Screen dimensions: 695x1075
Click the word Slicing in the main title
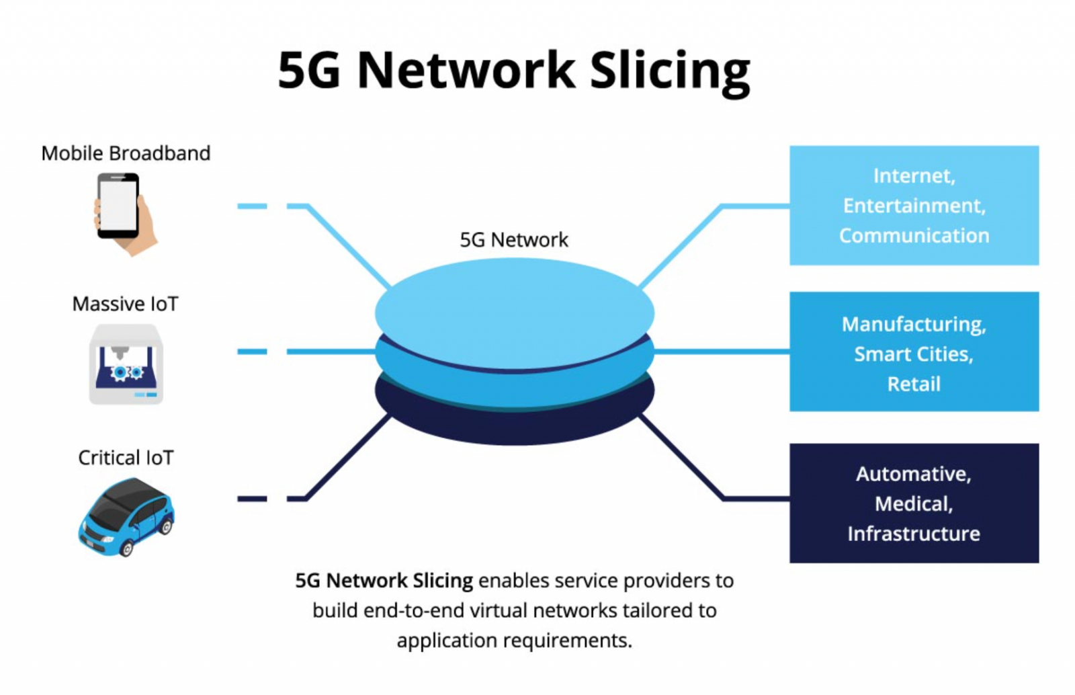(x=669, y=71)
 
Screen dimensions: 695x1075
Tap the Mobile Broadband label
(x=126, y=153)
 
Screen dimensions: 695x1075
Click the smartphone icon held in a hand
(x=120, y=207)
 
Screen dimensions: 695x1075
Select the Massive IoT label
(x=126, y=304)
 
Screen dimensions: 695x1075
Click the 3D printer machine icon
(x=126, y=364)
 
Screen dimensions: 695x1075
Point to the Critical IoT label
(x=126, y=458)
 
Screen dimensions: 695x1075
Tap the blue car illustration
(x=126, y=516)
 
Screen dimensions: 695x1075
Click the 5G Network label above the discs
(x=514, y=240)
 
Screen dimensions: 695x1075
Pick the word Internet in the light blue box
(x=914, y=176)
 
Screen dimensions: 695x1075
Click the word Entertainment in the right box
(x=914, y=206)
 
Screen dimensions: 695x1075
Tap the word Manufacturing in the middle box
(x=914, y=325)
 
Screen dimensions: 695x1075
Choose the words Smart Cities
(x=914, y=354)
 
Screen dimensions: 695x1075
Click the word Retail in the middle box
(x=914, y=384)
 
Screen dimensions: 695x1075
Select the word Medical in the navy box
(x=914, y=504)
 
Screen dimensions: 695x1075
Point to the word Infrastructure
(x=914, y=534)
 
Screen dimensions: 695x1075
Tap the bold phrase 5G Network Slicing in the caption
(x=384, y=581)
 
